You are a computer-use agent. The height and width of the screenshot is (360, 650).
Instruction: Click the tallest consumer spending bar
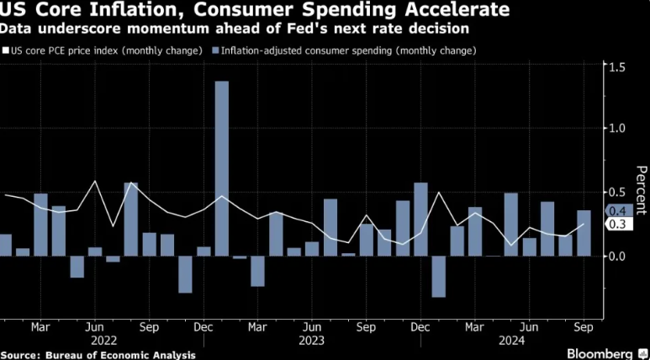[x=222, y=168]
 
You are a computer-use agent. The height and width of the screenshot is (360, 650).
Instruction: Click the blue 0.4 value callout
[x=616, y=211]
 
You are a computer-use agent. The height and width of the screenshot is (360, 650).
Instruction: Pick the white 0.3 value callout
[x=616, y=225]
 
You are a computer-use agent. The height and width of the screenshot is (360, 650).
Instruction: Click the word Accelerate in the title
[x=453, y=11]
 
